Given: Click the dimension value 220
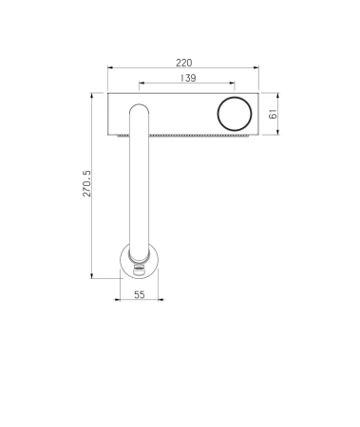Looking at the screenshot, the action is pyautogui.click(x=184, y=63).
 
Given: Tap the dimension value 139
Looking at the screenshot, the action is pyautogui.click(x=188, y=78).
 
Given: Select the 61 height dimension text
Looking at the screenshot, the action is pyautogui.click(x=273, y=114).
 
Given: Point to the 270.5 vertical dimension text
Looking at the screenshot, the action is pyautogui.click(x=86, y=183).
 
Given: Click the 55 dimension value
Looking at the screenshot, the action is pyautogui.click(x=140, y=295).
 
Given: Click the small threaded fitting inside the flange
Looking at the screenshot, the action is pyautogui.click(x=138, y=271).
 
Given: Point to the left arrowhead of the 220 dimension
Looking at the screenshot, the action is pyautogui.click(x=110, y=67).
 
